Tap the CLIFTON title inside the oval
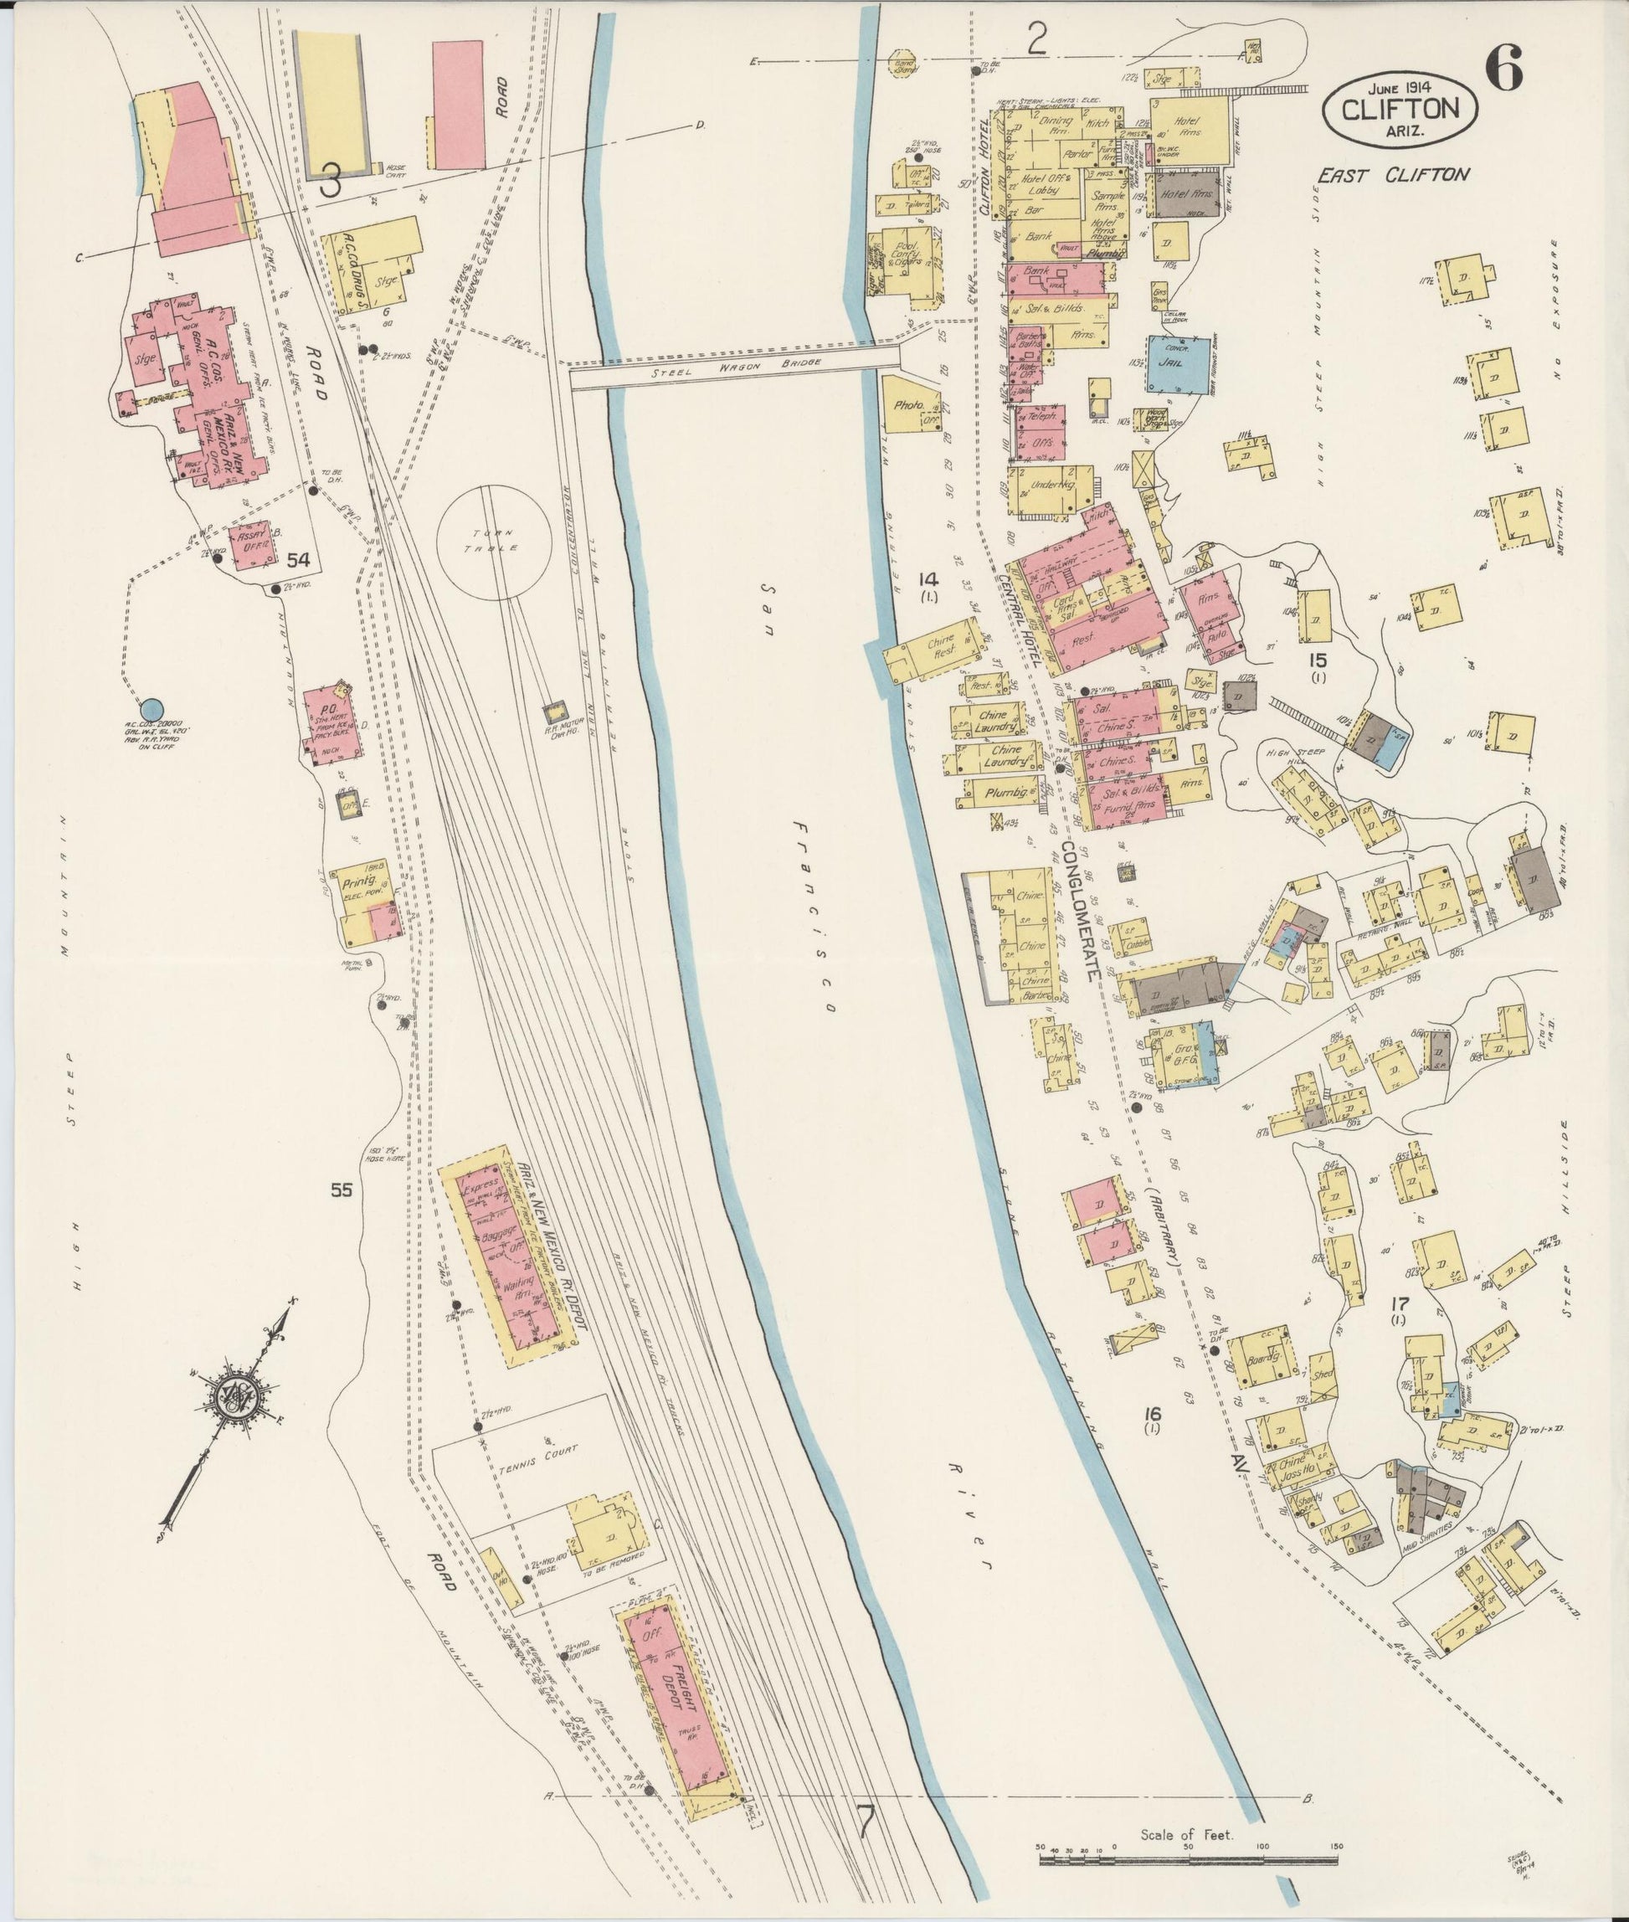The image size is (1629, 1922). [x=1400, y=109]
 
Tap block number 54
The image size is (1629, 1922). [x=297, y=560]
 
